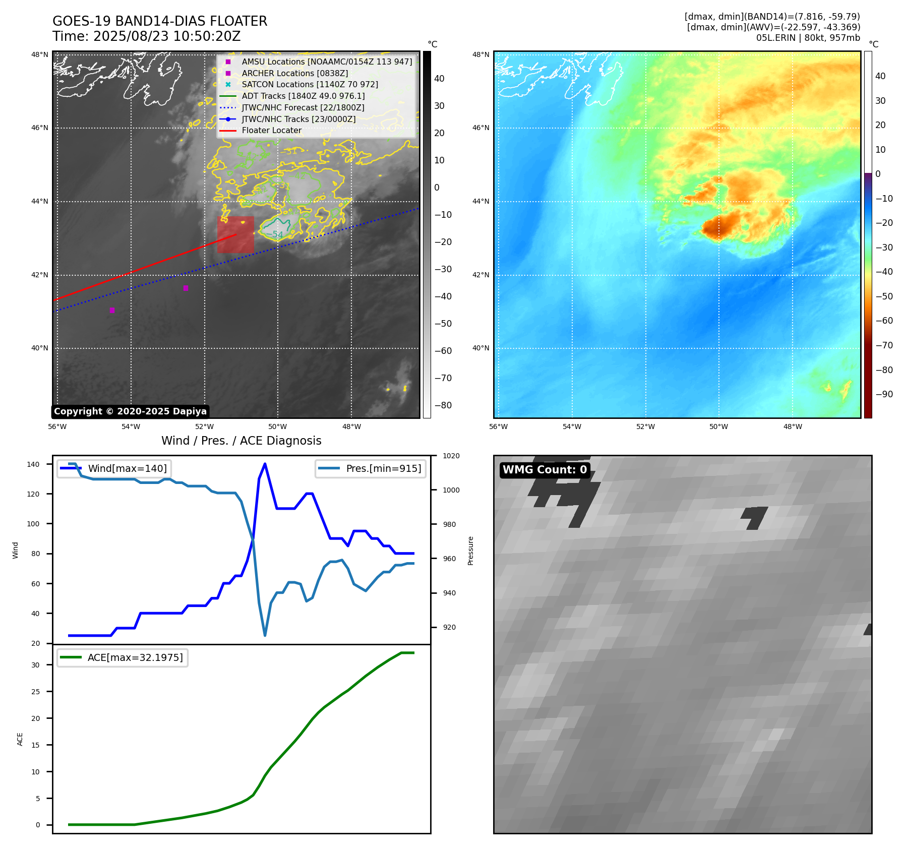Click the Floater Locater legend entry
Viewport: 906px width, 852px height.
click(271, 131)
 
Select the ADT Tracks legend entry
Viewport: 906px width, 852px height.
click(303, 96)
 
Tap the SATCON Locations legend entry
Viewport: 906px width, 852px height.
click(310, 84)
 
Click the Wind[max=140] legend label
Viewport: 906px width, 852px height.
click(127, 468)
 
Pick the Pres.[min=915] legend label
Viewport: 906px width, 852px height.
click(383, 468)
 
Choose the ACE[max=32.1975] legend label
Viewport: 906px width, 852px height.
click(135, 657)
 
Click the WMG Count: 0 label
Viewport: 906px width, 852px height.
click(545, 470)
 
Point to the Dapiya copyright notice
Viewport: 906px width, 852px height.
click(130, 411)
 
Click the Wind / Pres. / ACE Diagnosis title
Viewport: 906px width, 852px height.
click(241, 441)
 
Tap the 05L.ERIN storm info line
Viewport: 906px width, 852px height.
click(808, 38)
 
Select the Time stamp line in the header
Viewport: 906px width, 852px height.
click(146, 37)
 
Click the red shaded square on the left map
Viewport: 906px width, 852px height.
click(235, 235)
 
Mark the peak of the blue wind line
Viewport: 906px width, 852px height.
click(265, 464)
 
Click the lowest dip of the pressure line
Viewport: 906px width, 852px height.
click(265, 635)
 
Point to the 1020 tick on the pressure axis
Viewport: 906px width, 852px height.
click(451, 456)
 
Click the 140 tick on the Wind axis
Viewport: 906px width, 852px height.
click(33, 464)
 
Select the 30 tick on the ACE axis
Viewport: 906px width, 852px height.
click(35, 665)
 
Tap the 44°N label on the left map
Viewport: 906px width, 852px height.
click(40, 202)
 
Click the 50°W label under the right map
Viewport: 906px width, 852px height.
click(718, 427)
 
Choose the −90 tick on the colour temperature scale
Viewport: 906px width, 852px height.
click(884, 394)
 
